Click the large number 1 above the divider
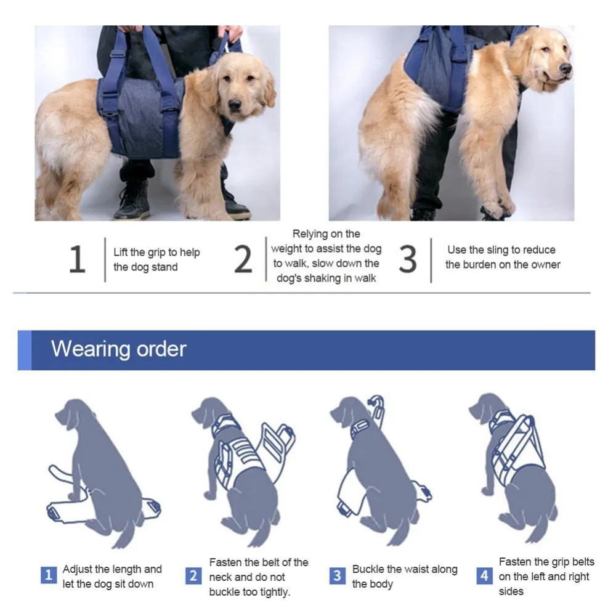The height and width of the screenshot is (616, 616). click(77, 260)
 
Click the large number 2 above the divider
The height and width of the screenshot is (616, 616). click(243, 260)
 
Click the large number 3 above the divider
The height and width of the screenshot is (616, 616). click(408, 260)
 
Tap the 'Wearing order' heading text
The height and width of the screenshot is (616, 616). click(118, 349)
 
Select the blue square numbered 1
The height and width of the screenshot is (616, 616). click(49, 576)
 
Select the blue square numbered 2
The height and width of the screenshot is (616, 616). click(193, 576)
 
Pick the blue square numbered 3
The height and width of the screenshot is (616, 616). click(337, 576)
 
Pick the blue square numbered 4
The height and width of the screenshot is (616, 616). click(484, 576)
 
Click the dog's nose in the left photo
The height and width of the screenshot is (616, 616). click(235, 106)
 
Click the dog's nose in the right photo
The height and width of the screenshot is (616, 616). click(565, 68)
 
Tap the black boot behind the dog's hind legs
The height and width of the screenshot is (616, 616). click(131, 200)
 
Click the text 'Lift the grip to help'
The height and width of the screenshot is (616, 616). click(156, 253)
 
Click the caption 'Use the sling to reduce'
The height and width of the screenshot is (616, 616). click(501, 250)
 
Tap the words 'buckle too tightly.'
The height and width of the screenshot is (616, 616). click(249, 592)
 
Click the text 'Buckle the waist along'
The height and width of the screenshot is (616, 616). click(405, 569)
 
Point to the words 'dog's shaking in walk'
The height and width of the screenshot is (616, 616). click(326, 278)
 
